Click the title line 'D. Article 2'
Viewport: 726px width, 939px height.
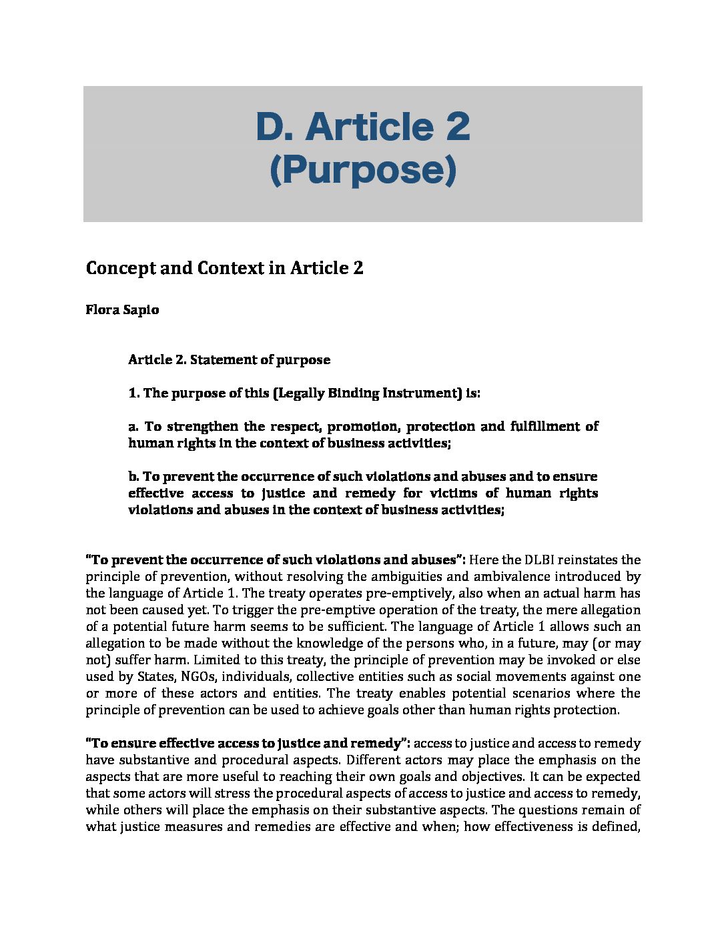point(362,127)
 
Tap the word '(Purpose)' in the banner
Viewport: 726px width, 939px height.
point(362,170)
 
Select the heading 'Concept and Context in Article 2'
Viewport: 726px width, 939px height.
point(224,268)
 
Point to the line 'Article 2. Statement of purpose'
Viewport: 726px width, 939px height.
point(229,359)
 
